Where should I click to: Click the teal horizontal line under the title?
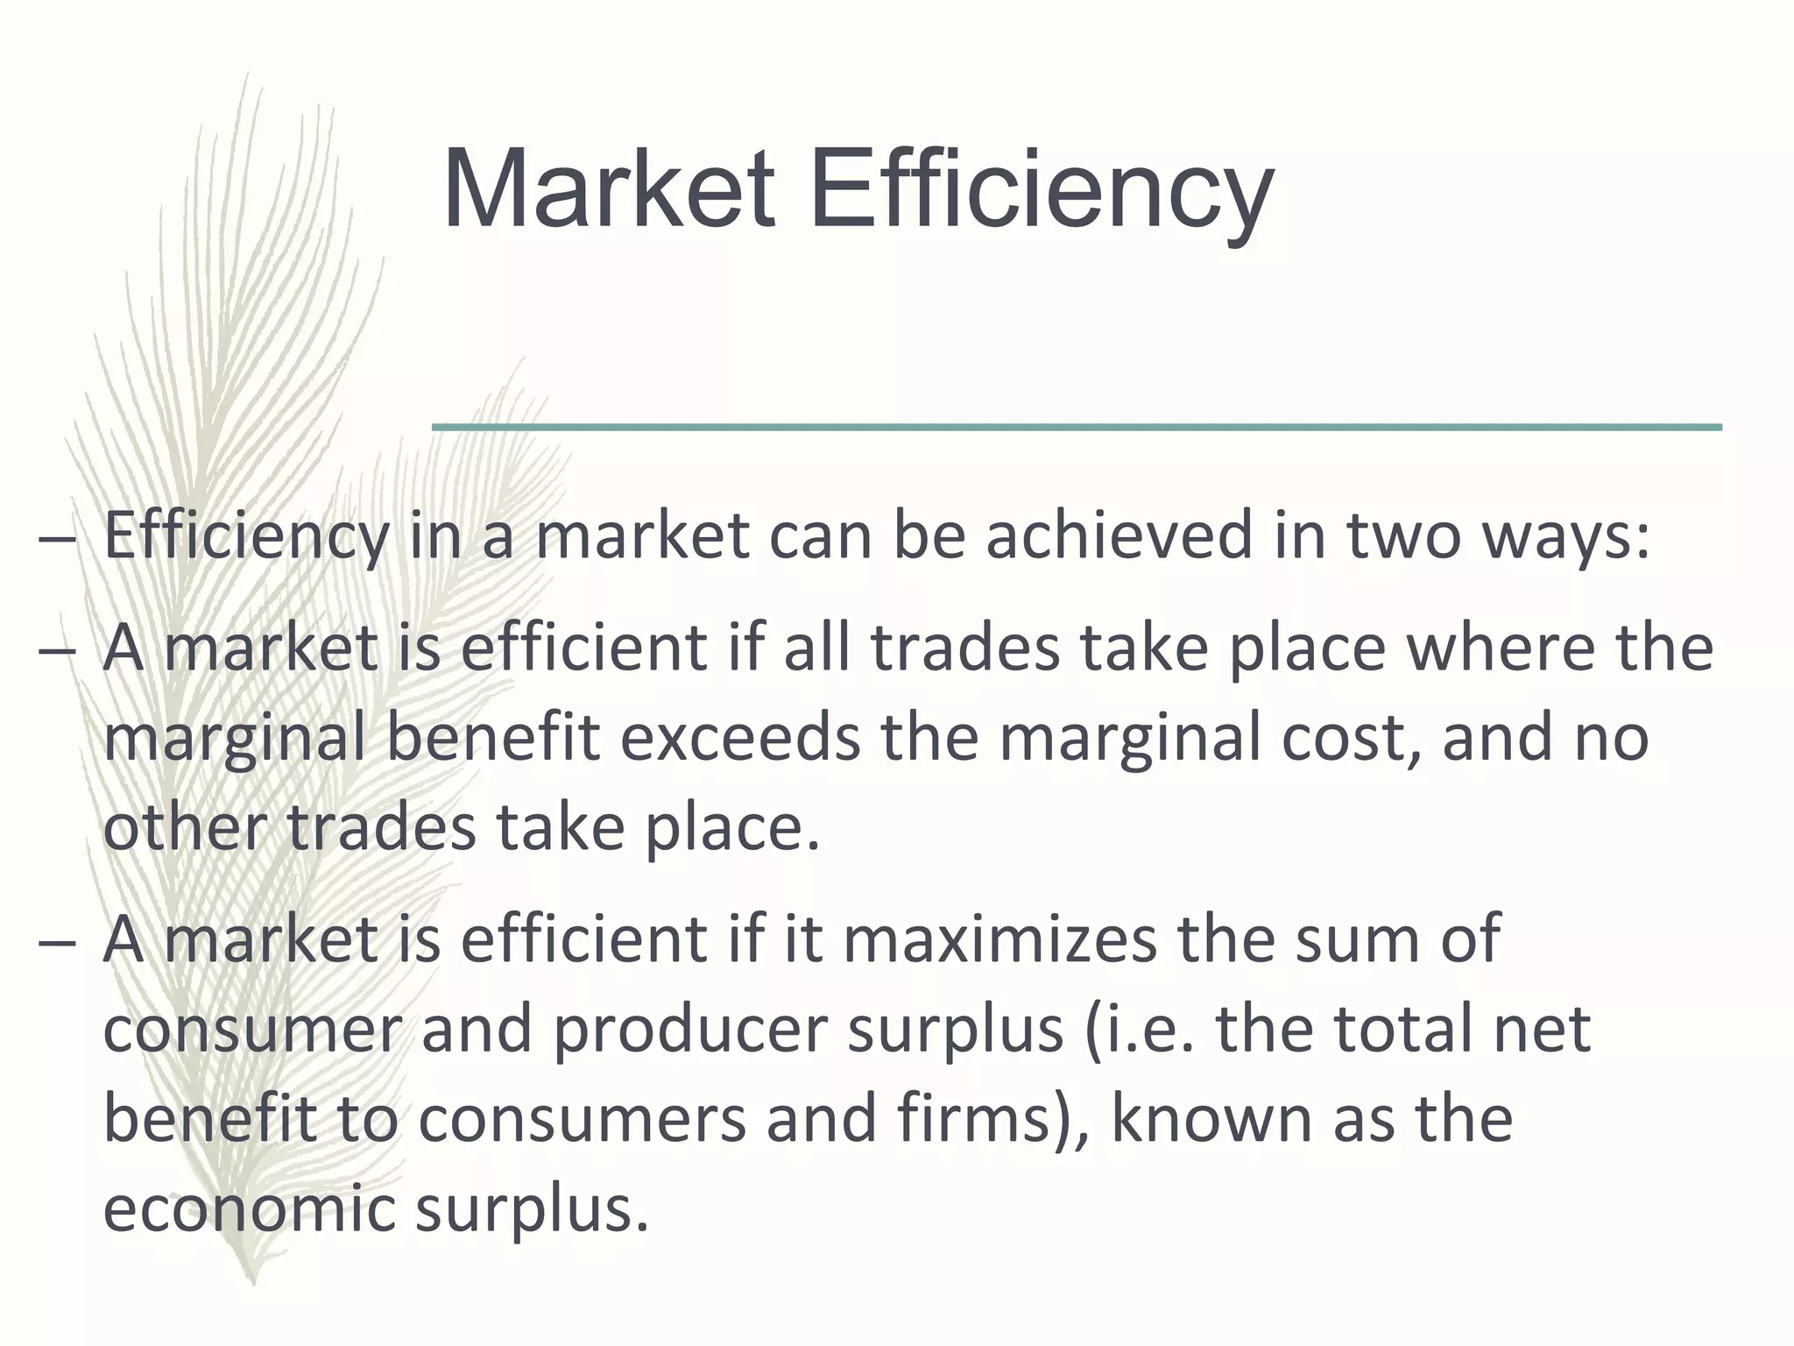pos(1077,427)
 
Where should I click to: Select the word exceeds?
pos(741,737)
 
